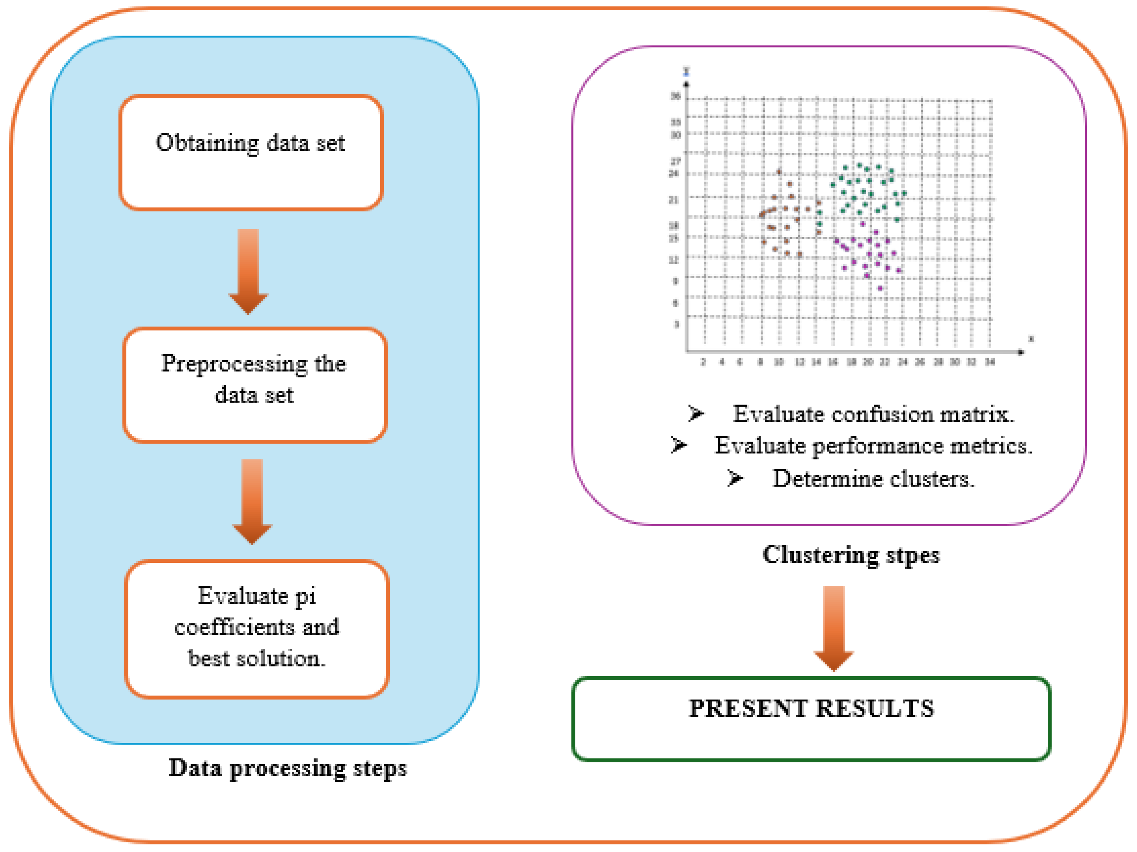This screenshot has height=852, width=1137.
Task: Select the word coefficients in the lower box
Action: (234, 627)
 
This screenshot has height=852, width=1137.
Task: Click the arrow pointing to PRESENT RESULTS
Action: (834, 628)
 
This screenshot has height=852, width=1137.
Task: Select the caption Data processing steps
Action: (288, 769)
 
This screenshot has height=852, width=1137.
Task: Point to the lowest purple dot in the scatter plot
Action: (880, 288)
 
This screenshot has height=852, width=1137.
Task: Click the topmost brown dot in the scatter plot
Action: (779, 172)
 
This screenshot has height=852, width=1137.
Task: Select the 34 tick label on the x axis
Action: (990, 362)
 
